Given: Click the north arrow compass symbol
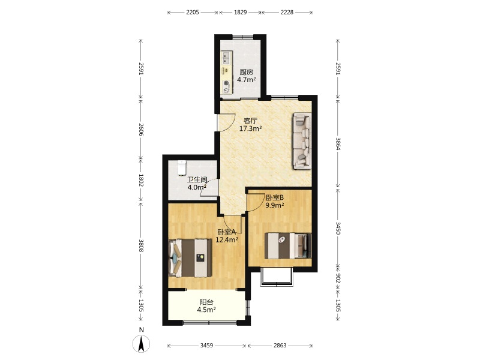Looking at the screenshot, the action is point(141,343).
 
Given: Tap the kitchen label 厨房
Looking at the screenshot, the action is point(247,72).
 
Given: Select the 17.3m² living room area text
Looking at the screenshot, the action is point(250,128).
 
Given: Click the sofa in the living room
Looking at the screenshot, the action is point(302,141).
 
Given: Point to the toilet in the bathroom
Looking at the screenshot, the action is point(182,167).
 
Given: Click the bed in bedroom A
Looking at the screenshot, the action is point(190,258).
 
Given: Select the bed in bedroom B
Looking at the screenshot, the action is point(288,245).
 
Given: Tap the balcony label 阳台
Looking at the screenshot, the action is point(206,302).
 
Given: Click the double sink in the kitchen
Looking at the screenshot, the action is point(227,58).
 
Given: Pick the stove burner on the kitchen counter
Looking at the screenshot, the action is point(226,83).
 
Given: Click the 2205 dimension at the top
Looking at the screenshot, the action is point(193,12).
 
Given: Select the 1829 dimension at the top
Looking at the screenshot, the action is point(241,12).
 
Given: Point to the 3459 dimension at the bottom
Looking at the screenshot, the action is point(206,346).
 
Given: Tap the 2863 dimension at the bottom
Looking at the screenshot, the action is point(280,346).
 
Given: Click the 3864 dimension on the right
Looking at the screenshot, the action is point(338,143).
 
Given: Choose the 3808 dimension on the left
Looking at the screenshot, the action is point(141,245).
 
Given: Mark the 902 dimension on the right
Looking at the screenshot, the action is point(338,278).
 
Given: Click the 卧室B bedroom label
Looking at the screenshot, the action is point(275,198).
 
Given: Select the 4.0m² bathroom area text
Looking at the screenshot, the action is point(197,187).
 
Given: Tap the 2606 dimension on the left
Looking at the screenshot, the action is point(141,130).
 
